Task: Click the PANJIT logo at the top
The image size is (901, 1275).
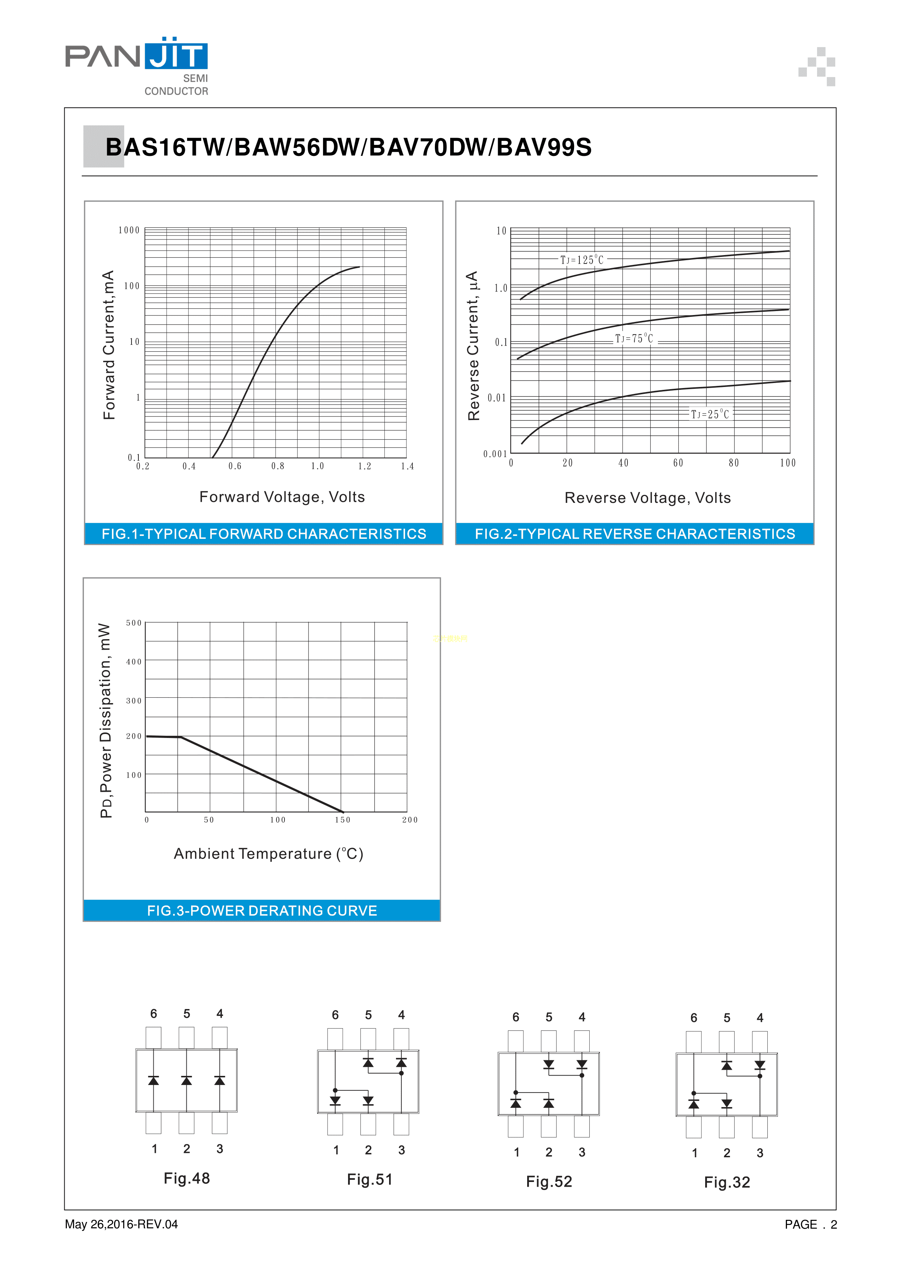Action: pos(137,65)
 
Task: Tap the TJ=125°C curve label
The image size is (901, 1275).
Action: pos(581,260)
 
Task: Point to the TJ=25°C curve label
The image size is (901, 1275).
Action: pos(710,414)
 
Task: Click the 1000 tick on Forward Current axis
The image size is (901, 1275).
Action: pos(129,230)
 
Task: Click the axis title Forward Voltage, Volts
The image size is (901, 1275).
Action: pos(282,497)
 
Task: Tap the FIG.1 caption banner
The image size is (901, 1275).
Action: pos(264,534)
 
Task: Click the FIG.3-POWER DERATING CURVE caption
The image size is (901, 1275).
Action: pos(262,911)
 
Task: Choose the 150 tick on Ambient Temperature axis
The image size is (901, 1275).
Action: pos(343,820)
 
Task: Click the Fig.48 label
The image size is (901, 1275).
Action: pos(186,1178)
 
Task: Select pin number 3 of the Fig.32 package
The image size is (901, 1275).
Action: pos(760,1153)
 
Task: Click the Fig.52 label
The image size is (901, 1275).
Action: pos(549,1181)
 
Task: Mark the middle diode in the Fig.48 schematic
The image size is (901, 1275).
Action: pos(186,1080)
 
